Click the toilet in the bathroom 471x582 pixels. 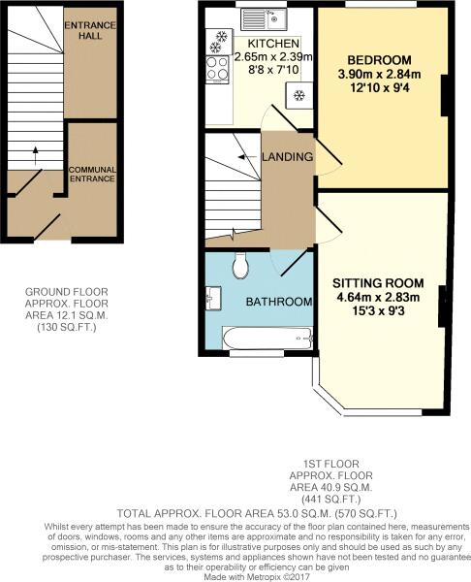point(240,265)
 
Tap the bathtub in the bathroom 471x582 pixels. point(267,338)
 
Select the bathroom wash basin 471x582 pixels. point(213,298)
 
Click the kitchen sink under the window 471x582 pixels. point(264,19)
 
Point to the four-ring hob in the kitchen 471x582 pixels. point(217,68)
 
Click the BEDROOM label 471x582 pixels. point(379,60)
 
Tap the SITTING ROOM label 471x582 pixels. point(378,283)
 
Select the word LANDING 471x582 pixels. point(287,156)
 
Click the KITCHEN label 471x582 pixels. point(273,44)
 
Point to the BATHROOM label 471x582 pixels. point(279,302)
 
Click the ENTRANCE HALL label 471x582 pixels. point(90,30)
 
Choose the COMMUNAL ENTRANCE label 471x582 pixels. point(92,174)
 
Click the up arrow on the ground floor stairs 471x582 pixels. point(36,155)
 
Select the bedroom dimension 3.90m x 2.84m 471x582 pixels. point(379,75)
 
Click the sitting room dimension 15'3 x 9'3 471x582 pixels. point(378,311)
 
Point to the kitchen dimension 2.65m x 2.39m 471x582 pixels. point(273,57)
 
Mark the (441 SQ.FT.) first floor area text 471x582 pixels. point(331,499)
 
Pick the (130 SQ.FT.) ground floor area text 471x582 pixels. point(67,328)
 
